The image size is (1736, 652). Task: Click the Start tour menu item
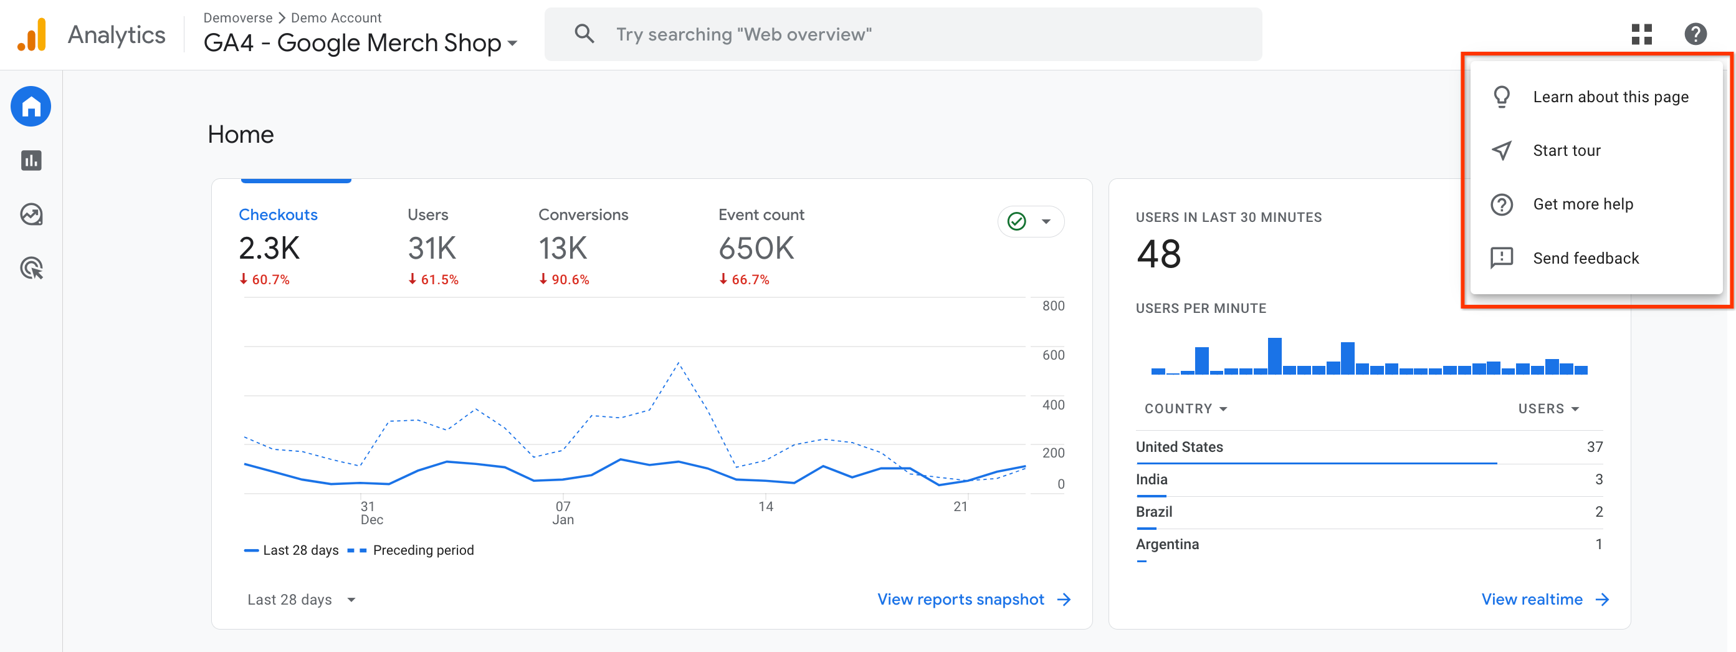pos(1565,150)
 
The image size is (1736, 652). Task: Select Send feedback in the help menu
pos(1585,258)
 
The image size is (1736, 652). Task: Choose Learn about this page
pos(1610,97)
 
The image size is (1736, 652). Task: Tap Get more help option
pos(1582,204)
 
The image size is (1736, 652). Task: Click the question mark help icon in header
pos(1695,34)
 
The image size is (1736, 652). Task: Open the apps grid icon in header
pos(1642,34)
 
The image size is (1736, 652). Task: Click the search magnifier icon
pos(584,34)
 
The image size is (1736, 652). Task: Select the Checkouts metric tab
pos(278,215)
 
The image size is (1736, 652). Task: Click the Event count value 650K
pos(756,249)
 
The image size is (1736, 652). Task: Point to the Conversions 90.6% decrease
pos(564,280)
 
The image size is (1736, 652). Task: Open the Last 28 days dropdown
pos(300,600)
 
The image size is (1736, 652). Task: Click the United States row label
pos(1179,447)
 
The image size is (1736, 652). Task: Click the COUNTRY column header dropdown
pos(1185,409)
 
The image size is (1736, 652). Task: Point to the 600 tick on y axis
pos(1052,355)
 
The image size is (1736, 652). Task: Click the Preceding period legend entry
pos(422,550)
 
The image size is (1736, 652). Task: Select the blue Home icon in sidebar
pos(31,107)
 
